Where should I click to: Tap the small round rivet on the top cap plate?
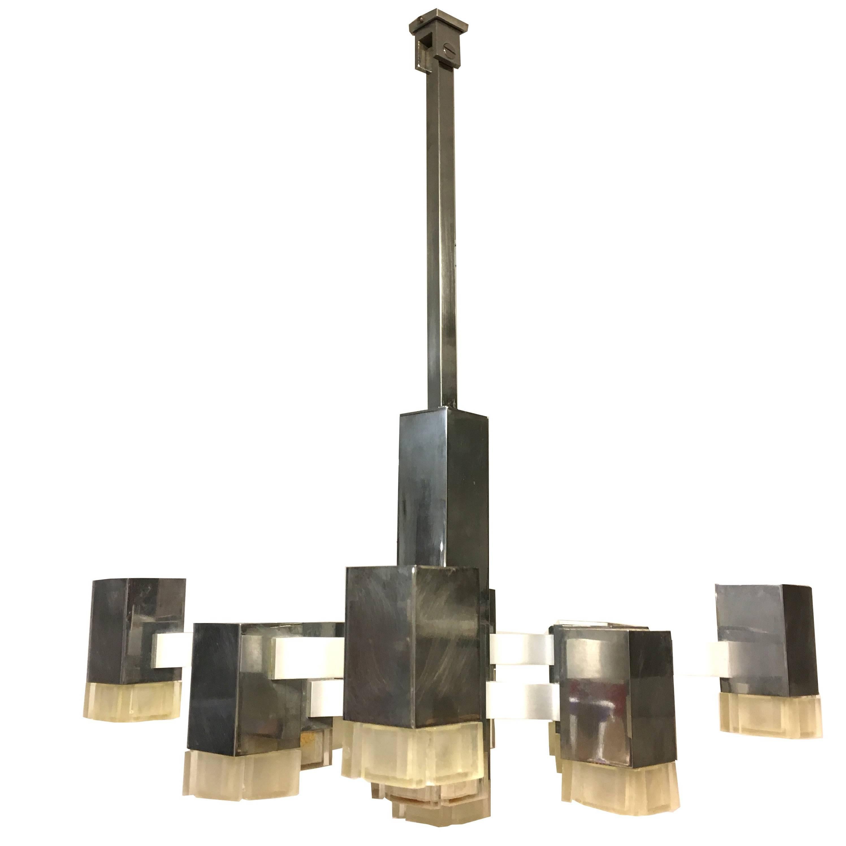[419, 19]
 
